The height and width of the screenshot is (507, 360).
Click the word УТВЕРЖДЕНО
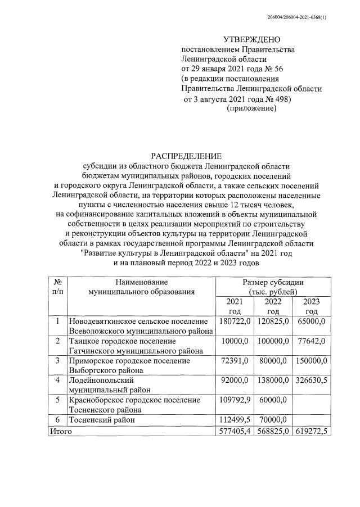(251, 40)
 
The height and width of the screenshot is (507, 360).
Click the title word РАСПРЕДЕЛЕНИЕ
(186, 156)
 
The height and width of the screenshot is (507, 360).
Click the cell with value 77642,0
(312, 341)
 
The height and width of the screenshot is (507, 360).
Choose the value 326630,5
(312, 381)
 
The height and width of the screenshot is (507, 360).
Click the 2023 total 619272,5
(312, 431)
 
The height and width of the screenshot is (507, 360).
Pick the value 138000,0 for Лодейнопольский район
(273, 381)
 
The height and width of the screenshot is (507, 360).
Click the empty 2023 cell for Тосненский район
(312, 420)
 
